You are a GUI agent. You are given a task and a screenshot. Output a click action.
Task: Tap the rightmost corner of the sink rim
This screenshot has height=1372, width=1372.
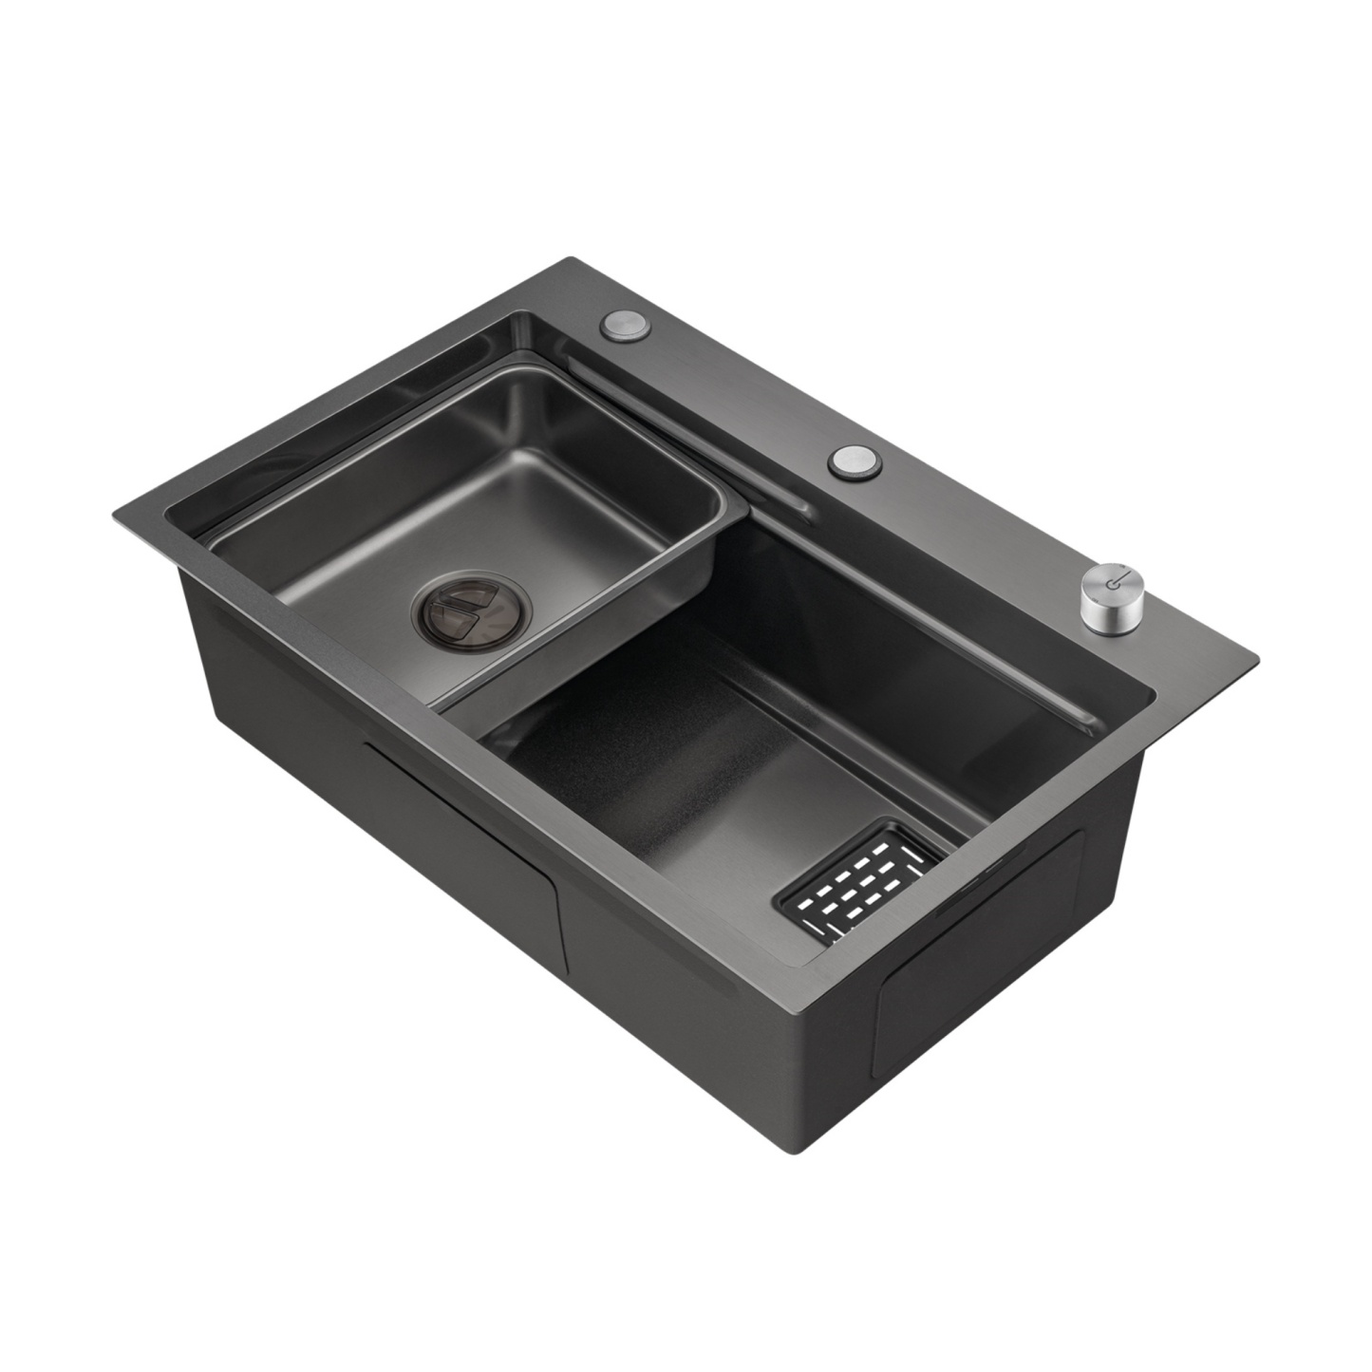point(1257,657)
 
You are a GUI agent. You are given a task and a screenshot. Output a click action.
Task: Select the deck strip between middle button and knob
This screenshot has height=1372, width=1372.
point(978,532)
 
